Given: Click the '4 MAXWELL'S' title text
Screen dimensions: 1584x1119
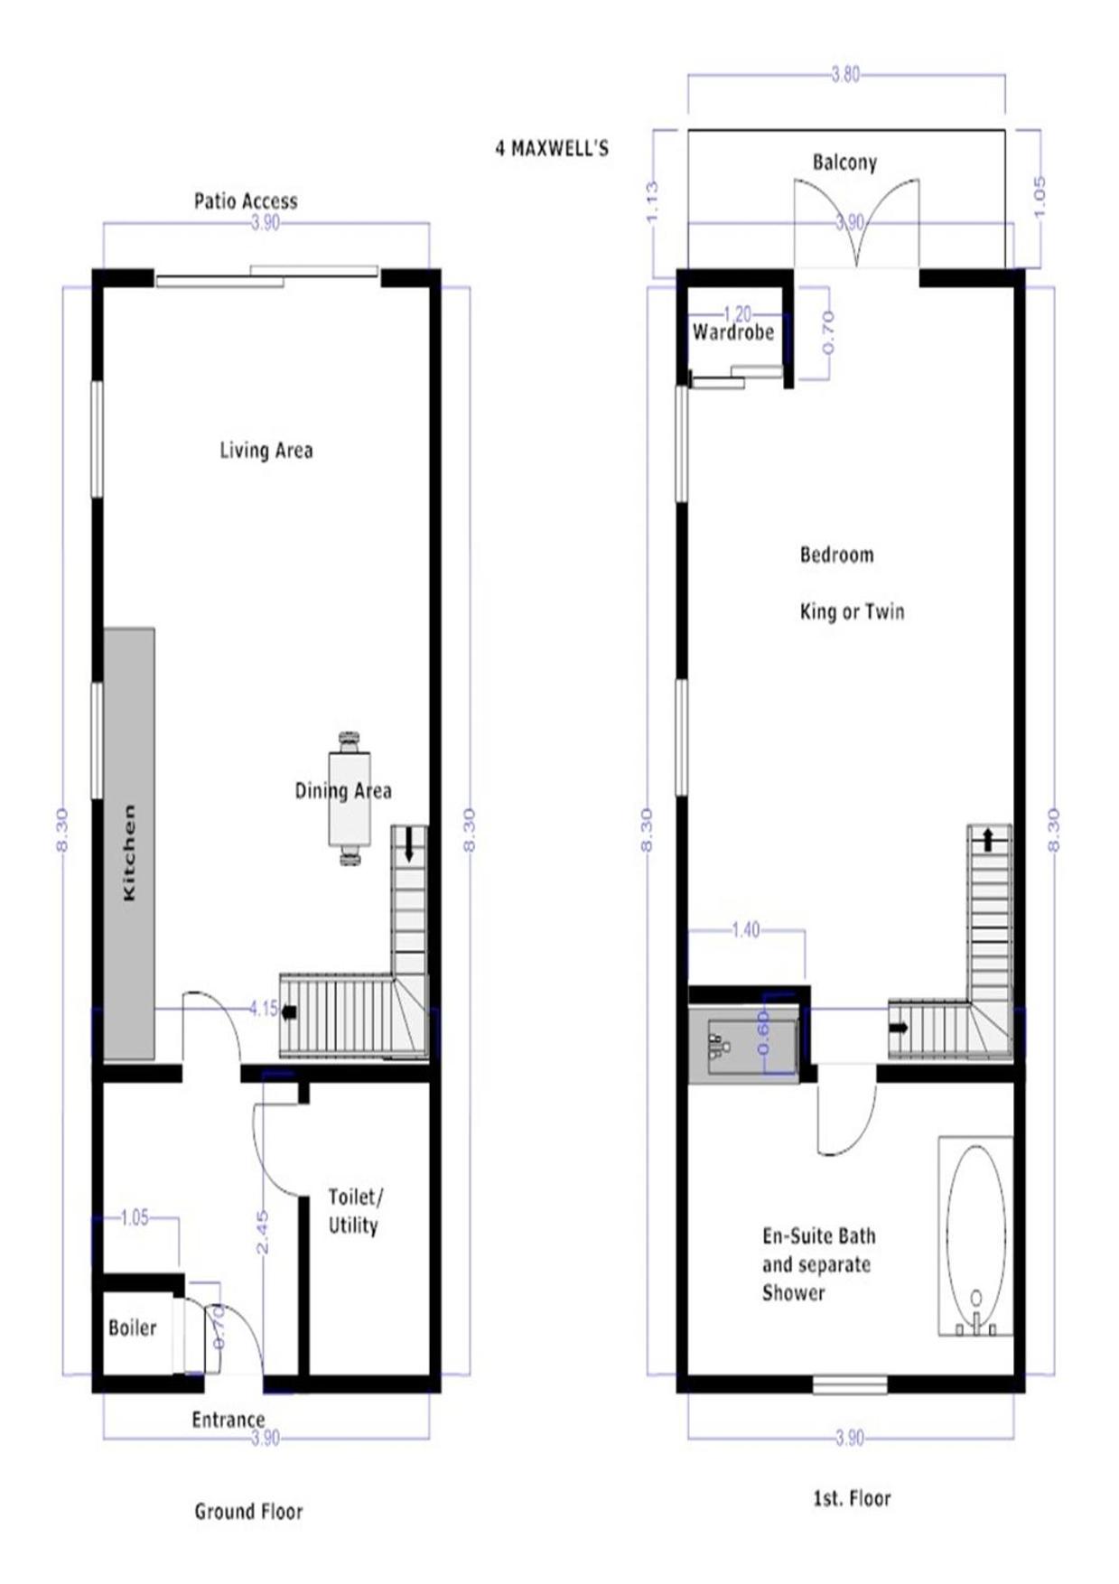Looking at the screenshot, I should (x=552, y=148).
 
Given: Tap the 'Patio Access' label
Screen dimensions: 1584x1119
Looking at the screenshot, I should (x=246, y=200).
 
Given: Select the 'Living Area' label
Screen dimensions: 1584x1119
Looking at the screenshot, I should (x=266, y=450).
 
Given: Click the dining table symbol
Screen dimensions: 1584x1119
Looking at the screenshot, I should (x=350, y=798).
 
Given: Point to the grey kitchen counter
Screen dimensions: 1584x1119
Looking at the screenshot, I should (x=129, y=844).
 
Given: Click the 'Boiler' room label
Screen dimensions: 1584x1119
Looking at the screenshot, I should (x=132, y=1328).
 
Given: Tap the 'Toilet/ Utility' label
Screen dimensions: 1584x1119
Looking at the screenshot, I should (x=354, y=1211).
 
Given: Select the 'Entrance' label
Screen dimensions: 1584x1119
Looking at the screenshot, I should (x=228, y=1420).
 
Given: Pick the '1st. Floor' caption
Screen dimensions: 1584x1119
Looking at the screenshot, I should (x=852, y=1499).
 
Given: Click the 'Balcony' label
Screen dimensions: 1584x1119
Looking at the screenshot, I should (x=844, y=163).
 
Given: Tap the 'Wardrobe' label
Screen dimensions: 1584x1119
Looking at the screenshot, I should (x=733, y=332).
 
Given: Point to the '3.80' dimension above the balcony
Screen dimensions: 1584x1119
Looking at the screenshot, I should (x=845, y=75).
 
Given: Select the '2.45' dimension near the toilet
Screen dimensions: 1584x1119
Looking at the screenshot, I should (x=262, y=1232).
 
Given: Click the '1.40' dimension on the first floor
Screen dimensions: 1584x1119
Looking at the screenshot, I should (x=745, y=930).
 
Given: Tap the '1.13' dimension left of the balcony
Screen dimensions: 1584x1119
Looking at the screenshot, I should (x=653, y=200).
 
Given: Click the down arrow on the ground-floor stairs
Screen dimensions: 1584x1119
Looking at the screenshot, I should (x=409, y=843).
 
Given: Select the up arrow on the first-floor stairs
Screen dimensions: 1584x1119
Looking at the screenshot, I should (x=988, y=839).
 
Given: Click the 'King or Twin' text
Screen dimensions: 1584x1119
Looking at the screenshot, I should (x=852, y=611).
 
